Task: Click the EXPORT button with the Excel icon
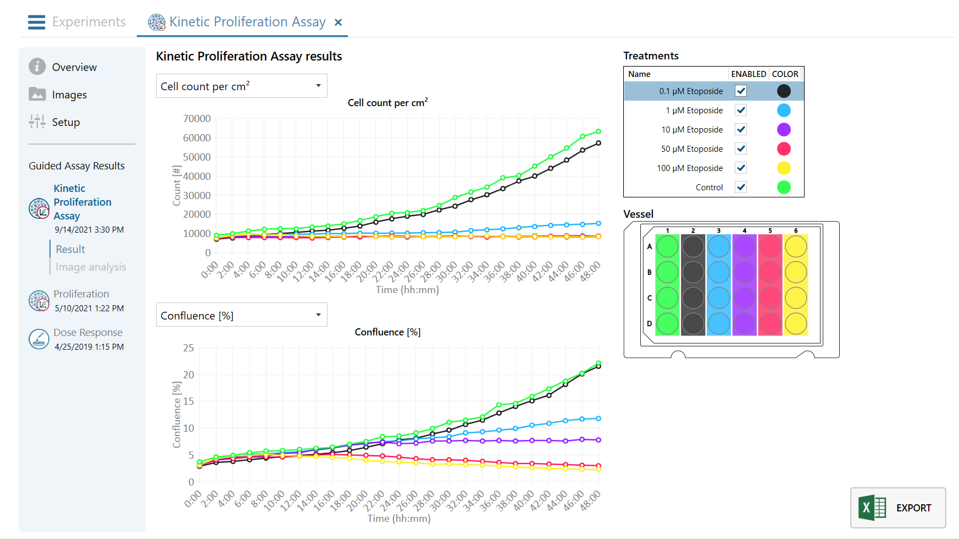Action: pos(898,508)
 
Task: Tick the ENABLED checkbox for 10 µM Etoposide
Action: pos(741,129)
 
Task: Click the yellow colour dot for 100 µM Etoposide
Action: pos(784,168)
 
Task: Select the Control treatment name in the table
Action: pos(709,188)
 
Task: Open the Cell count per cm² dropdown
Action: pos(241,86)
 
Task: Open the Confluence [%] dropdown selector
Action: pos(241,315)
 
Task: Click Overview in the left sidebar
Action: pos(74,67)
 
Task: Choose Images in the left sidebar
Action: pos(69,95)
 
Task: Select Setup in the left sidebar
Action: pos(66,122)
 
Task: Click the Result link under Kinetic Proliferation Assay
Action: pos(70,249)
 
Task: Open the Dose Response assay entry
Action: pos(88,333)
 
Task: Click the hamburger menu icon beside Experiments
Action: pos(37,22)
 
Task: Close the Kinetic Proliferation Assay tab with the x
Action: pos(339,22)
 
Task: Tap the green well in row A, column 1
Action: pos(668,246)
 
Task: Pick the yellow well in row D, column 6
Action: pos(796,323)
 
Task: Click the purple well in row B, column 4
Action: pos(745,272)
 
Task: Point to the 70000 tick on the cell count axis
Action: pos(197,119)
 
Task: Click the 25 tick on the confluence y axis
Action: pos(189,348)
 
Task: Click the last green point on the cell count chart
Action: pos(598,131)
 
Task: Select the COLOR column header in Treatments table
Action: pos(785,74)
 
